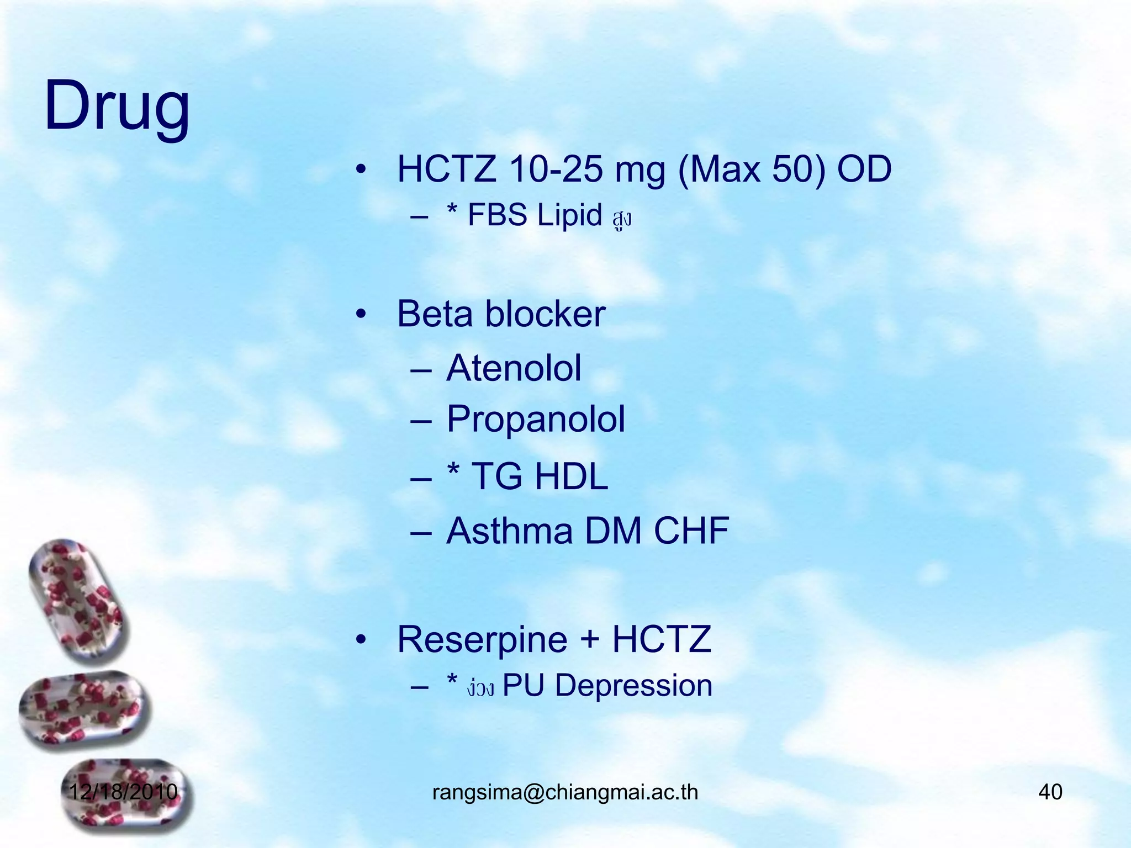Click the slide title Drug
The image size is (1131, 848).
point(117,106)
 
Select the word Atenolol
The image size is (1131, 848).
point(514,368)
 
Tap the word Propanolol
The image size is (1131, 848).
point(536,419)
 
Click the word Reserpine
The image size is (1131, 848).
point(482,639)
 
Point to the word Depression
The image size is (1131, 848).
point(633,686)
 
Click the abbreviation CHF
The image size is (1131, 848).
point(691,531)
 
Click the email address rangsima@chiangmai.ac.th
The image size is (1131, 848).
point(565,792)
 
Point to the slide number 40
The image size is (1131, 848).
point(1050,792)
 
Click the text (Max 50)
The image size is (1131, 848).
point(752,169)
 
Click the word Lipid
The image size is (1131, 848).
point(569,215)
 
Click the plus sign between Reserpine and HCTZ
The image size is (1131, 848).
point(590,639)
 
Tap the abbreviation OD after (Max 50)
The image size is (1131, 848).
point(864,169)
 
